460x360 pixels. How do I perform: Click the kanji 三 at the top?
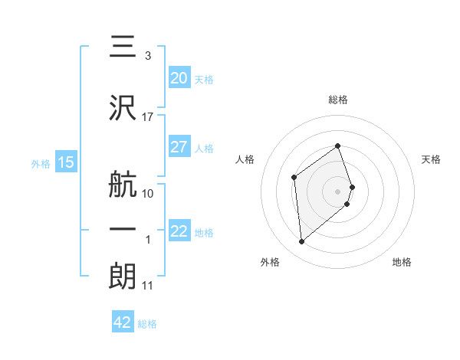pos(123,46)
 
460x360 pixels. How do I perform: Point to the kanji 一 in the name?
pos(123,230)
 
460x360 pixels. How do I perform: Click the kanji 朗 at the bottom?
pos(123,277)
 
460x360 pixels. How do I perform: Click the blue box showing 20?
pos(179,77)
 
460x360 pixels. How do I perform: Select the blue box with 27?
pos(179,147)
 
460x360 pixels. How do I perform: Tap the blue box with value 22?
pos(179,231)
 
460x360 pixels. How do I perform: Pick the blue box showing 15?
pos(65,162)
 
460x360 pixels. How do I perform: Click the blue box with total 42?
pos(122,322)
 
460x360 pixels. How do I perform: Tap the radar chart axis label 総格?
pos(337,100)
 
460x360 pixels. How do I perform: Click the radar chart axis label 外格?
pos(270,262)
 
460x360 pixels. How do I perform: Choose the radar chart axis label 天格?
pos(431,159)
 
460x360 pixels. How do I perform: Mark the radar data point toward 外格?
pos(302,242)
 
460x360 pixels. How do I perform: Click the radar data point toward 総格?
pos(337,146)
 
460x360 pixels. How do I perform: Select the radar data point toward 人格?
pos(294,178)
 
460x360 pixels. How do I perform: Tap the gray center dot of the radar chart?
pos(337,191)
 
